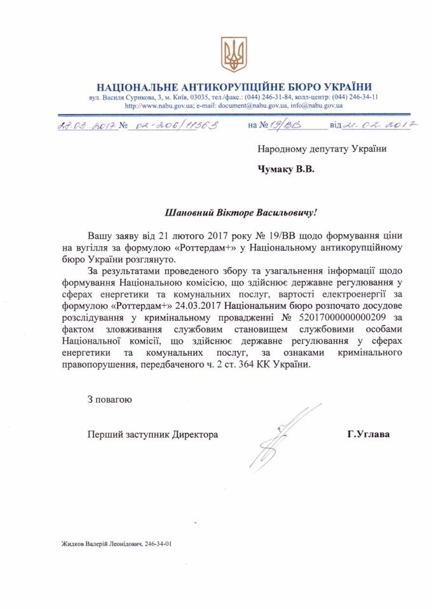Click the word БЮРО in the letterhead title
click(x=276, y=87)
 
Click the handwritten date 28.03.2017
click(x=85, y=126)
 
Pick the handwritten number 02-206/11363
click(x=174, y=126)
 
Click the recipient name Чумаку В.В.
click(x=287, y=169)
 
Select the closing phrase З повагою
click(x=110, y=400)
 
